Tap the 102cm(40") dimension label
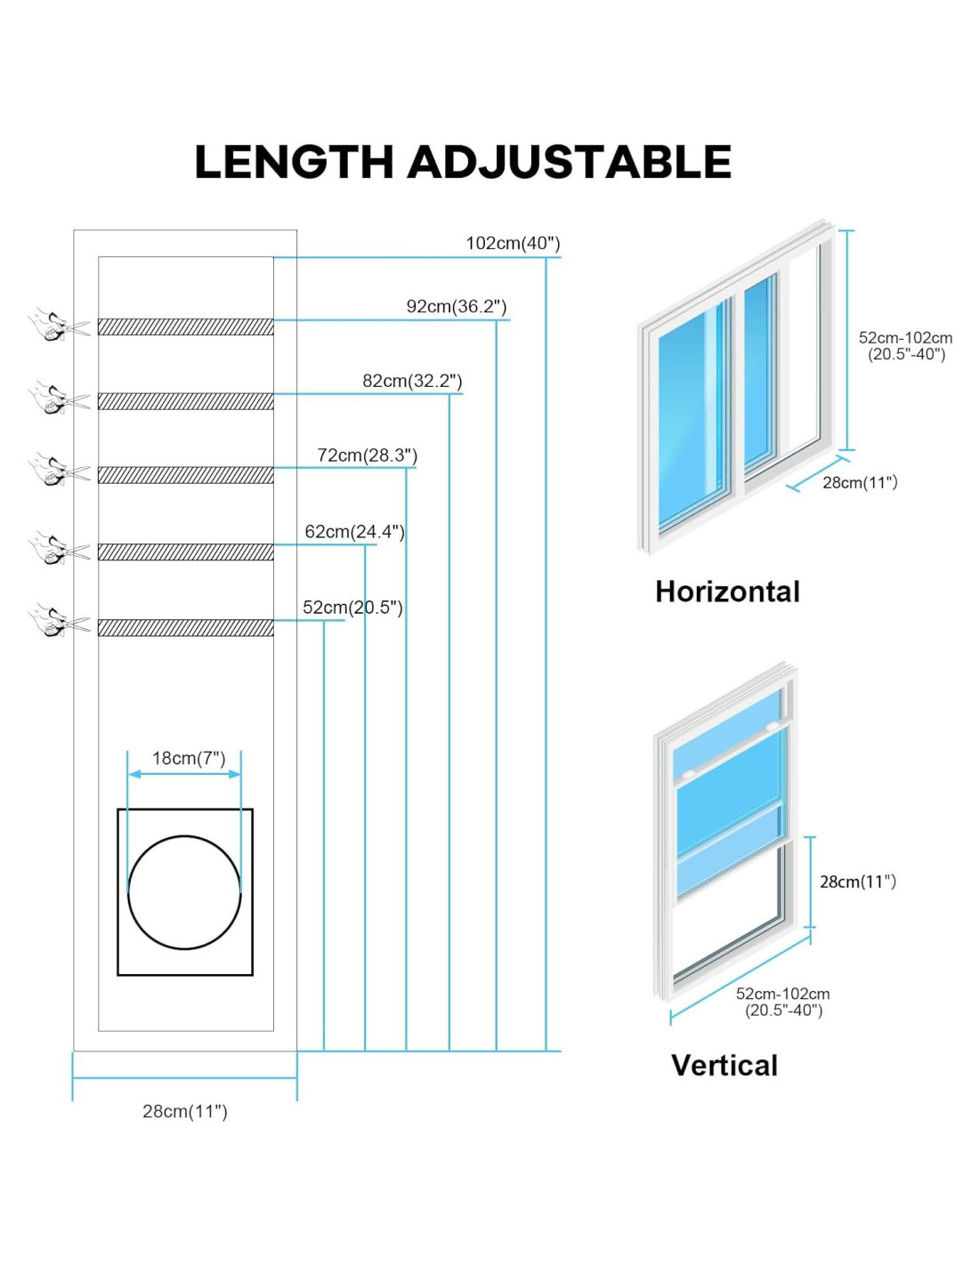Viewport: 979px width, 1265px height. click(x=514, y=244)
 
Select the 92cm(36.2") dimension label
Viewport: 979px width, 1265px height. click(x=457, y=306)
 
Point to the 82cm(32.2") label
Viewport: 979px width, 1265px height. click(x=412, y=381)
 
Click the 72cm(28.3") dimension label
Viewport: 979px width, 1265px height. click(x=368, y=455)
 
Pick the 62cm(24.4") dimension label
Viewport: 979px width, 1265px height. click(x=355, y=531)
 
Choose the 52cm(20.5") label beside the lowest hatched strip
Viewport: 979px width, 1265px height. click(x=352, y=608)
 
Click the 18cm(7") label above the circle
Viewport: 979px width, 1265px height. click(x=189, y=758)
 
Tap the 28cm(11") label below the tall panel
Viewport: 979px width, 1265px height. click(x=185, y=1111)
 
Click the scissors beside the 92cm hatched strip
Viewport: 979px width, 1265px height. click(x=60, y=325)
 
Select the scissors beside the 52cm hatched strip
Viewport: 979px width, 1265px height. click(x=60, y=619)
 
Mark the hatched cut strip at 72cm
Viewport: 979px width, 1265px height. click(x=186, y=475)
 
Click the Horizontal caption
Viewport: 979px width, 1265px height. click(x=727, y=592)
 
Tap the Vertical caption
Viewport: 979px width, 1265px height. click(x=724, y=1065)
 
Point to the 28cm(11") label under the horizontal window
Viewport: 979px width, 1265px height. click(x=860, y=482)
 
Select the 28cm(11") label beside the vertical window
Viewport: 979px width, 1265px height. click(x=858, y=882)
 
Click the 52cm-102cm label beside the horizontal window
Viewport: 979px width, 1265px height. click(x=906, y=346)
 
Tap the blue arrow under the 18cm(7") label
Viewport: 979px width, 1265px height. click(x=184, y=774)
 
